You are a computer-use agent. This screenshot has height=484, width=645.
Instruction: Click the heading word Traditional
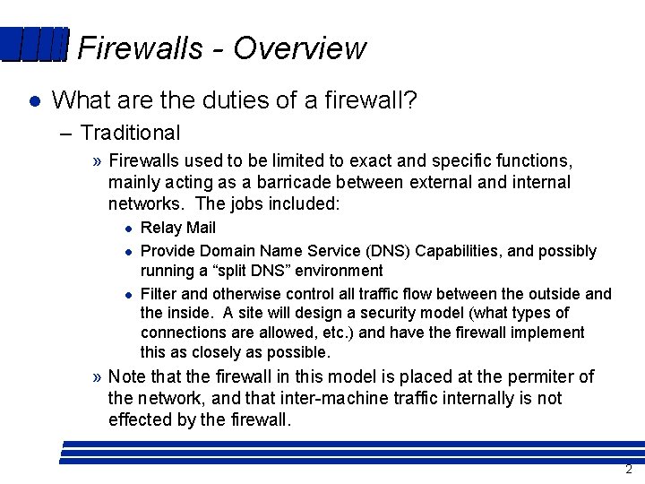click(130, 133)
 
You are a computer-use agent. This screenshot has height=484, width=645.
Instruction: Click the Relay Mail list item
click(178, 228)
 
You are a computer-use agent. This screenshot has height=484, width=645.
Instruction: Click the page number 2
click(629, 470)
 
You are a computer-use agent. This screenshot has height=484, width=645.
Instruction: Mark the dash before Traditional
click(67, 134)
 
